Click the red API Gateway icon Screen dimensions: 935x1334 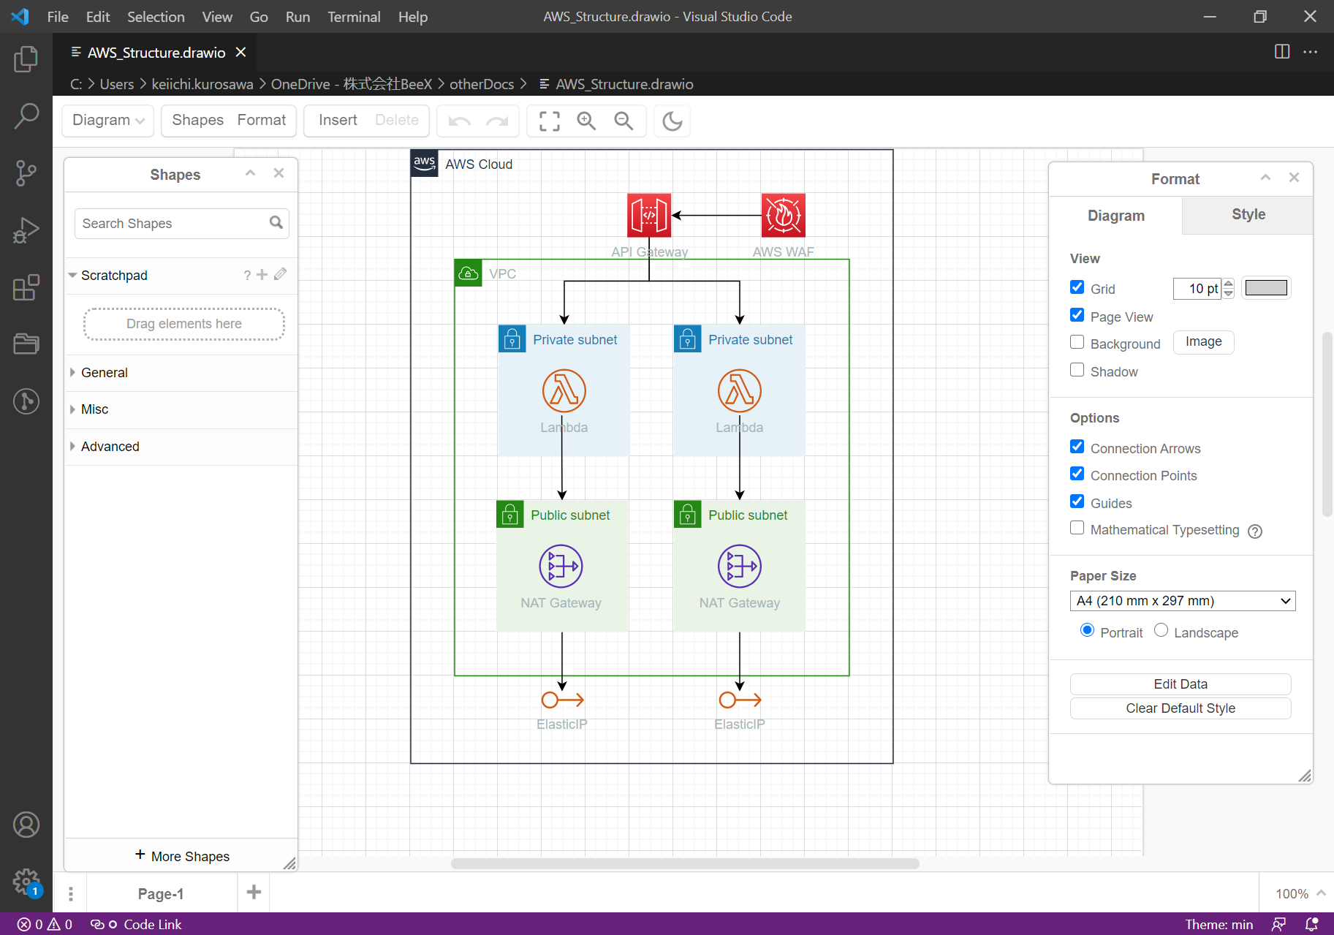click(x=648, y=215)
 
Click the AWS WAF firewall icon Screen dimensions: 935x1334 click(x=783, y=215)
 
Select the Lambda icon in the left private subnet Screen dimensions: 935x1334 click(x=564, y=390)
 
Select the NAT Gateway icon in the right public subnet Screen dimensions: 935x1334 click(x=739, y=566)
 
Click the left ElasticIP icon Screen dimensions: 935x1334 click(x=562, y=700)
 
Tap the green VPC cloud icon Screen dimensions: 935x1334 click(x=468, y=273)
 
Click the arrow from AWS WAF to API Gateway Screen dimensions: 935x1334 click(x=716, y=216)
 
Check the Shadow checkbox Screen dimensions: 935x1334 click(x=1077, y=370)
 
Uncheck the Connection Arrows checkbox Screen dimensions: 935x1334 click(x=1077, y=447)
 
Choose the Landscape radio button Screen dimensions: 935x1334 click(x=1161, y=630)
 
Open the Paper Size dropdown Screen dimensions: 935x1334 click(x=1182, y=601)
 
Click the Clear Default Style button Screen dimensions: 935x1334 click(x=1180, y=708)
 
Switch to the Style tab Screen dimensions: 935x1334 click(x=1248, y=215)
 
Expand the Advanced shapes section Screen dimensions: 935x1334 click(x=110, y=447)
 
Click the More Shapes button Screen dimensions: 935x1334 click(x=182, y=856)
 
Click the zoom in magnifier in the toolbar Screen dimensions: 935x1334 click(x=586, y=121)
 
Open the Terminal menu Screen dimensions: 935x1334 click(x=354, y=17)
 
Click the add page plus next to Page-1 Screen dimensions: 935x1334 click(x=254, y=892)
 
